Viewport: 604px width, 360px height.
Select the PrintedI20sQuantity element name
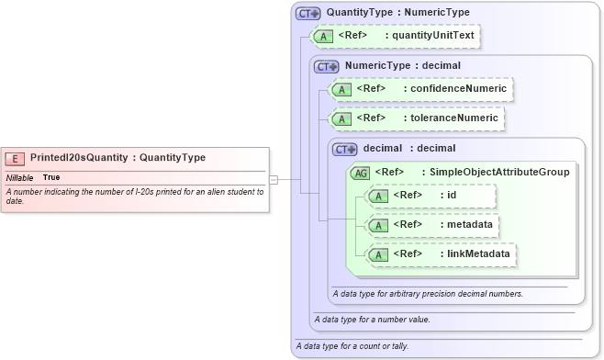(x=80, y=158)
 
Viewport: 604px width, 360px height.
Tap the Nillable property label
(x=20, y=176)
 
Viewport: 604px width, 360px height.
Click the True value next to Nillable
(x=51, y=176)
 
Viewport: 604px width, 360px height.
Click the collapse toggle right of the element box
(x=274, y=180)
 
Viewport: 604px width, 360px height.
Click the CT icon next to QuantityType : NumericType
(x=308, y=13)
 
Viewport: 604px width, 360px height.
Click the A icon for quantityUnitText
(x=324, y=37)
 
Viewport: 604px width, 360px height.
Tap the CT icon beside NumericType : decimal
(x=327, y=66)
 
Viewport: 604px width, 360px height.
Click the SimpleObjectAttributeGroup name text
(x=495, y=172)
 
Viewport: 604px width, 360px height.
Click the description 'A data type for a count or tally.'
(x=352, y=346)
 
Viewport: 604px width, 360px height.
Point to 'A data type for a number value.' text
(x=372, y=320)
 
